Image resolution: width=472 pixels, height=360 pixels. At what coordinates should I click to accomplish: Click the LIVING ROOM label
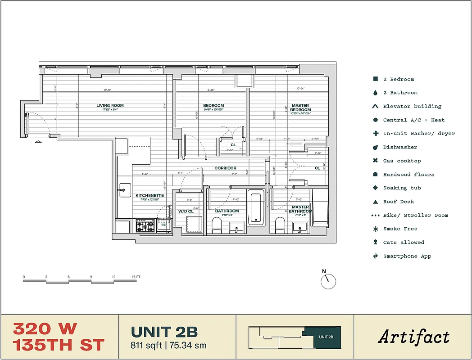click(110, 106)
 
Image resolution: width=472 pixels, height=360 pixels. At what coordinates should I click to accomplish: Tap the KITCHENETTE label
click(150, 196)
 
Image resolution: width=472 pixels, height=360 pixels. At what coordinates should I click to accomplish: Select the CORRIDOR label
click(225, 168)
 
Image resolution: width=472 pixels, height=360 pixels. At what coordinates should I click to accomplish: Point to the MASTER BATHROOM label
click(300, 209)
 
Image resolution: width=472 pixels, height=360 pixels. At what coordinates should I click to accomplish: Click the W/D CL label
click(186, 211)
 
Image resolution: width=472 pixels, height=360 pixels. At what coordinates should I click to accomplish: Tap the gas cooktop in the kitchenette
click(145, 225)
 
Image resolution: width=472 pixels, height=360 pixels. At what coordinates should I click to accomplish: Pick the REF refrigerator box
click(164, 225)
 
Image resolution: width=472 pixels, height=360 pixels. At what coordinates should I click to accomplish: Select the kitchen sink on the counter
click(124, 189)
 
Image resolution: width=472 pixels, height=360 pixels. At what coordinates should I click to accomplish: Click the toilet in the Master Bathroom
click(280, 225)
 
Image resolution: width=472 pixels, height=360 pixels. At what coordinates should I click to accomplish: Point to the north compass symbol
click(328, 280)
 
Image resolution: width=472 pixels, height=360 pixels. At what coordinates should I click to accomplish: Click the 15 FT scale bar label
click(136, 277)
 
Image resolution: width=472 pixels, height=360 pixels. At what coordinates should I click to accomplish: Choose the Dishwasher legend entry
click(400, 147)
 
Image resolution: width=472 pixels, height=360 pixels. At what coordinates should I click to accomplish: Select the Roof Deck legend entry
click(398, 202)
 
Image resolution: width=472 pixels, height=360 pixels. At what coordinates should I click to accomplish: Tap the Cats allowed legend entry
click(403, 243)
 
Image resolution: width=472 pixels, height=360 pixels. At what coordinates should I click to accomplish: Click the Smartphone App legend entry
click(407, 256)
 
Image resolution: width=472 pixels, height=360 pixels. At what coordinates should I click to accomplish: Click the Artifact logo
click(413, 337)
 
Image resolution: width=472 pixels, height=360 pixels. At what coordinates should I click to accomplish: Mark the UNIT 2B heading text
click(164, 332)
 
